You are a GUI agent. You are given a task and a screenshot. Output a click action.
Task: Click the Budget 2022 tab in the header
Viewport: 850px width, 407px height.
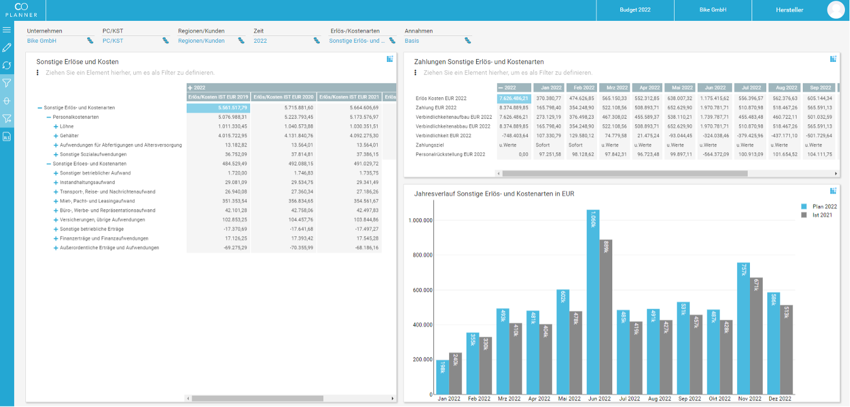coord(635,10)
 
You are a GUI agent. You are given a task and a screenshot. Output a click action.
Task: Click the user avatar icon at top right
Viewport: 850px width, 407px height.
coord(836,10)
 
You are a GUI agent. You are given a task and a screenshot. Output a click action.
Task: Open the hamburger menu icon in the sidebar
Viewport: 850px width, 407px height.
coord(7,30)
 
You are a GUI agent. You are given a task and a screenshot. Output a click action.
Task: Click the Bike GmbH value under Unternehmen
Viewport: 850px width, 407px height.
coord(42,40)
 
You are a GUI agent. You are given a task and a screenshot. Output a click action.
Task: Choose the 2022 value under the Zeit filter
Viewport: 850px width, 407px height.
coord(260,40)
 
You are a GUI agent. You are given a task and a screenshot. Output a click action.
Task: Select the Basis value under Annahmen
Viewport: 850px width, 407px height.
coord(412,40)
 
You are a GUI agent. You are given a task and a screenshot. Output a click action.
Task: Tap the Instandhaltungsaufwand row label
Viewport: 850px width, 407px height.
coord(87,182)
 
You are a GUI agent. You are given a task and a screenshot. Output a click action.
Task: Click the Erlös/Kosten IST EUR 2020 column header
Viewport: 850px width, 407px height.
coord(284,97)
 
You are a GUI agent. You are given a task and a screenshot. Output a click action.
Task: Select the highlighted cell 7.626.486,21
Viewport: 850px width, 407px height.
coord(514,98)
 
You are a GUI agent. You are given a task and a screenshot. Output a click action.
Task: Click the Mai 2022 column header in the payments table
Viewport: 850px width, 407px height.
coord(680,88)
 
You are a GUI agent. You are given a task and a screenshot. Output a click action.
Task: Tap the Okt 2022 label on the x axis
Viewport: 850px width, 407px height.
coord(720,399)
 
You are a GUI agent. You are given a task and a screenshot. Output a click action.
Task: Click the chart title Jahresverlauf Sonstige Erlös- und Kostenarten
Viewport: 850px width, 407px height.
coord(494,193)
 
